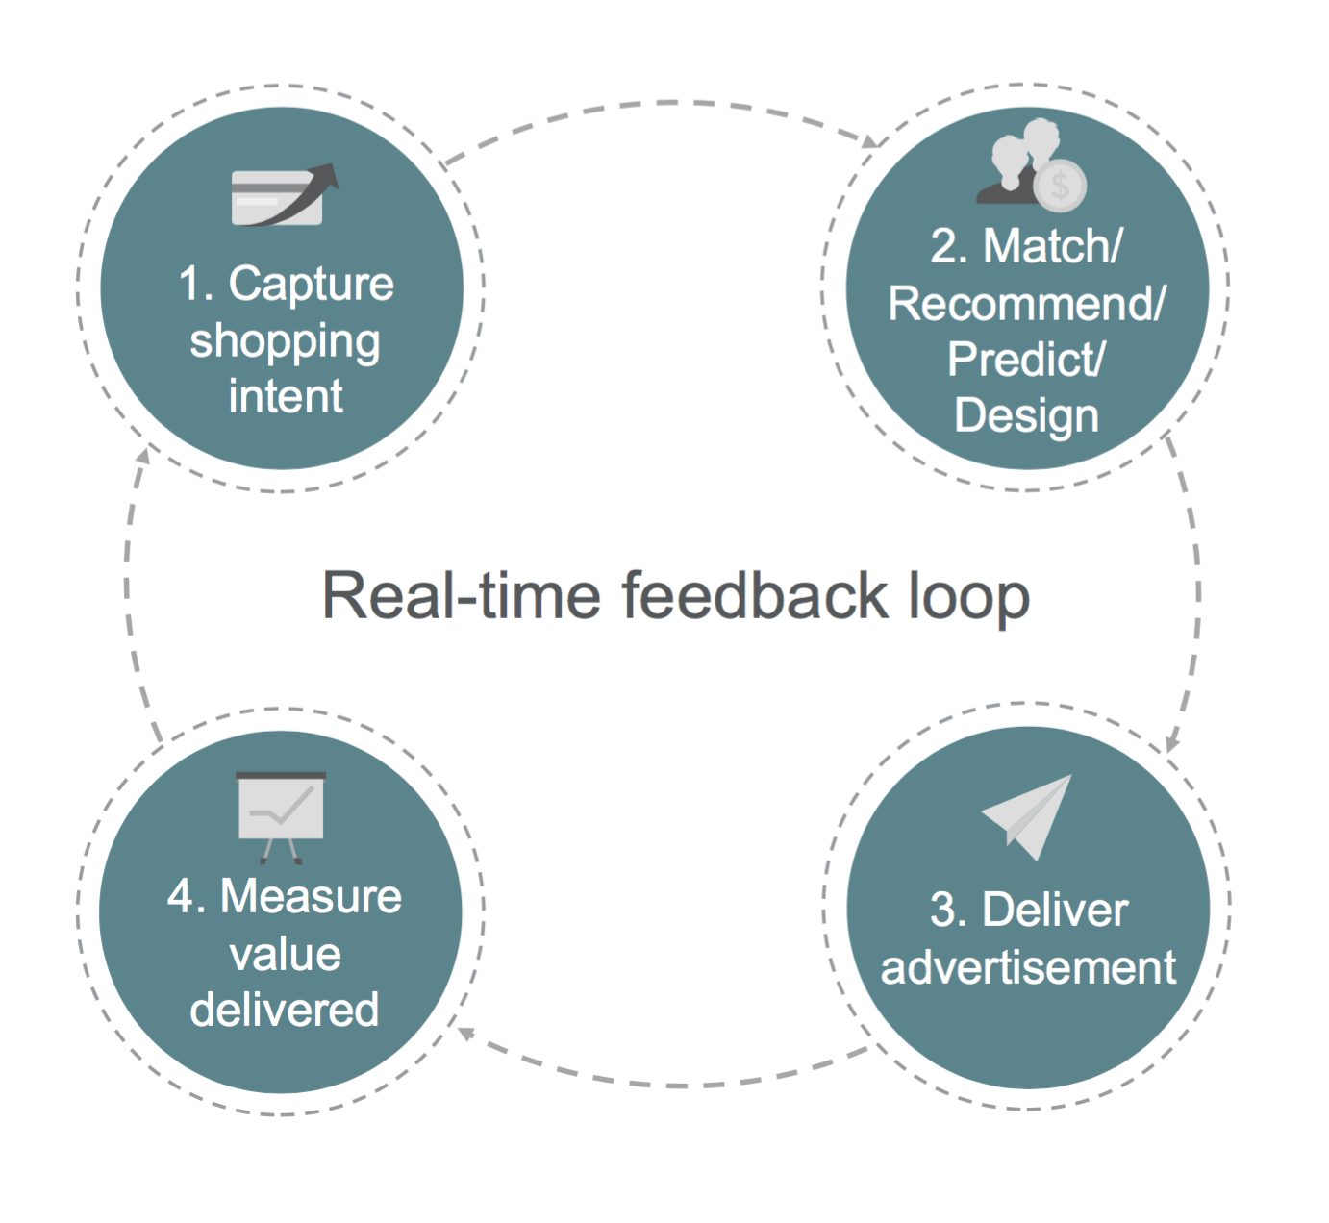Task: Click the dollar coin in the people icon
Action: (x=1060, y=185)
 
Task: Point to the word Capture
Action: (x=311, y=285)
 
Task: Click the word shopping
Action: (x=285, y=342)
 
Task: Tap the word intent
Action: (x=286, y=396)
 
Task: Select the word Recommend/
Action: (x=1026, y=304)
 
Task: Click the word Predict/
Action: (x=1026, y=361)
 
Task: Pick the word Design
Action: (x=1026, y=416)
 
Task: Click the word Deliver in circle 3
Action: (x=1055, y=910)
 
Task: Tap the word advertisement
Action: (x=1028, y=967)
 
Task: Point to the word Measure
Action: (x=311, y=897)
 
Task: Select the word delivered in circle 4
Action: (x=285, y=1010)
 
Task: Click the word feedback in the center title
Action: (x=755, y=595)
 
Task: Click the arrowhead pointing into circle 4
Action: (x=464, y=1034)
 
